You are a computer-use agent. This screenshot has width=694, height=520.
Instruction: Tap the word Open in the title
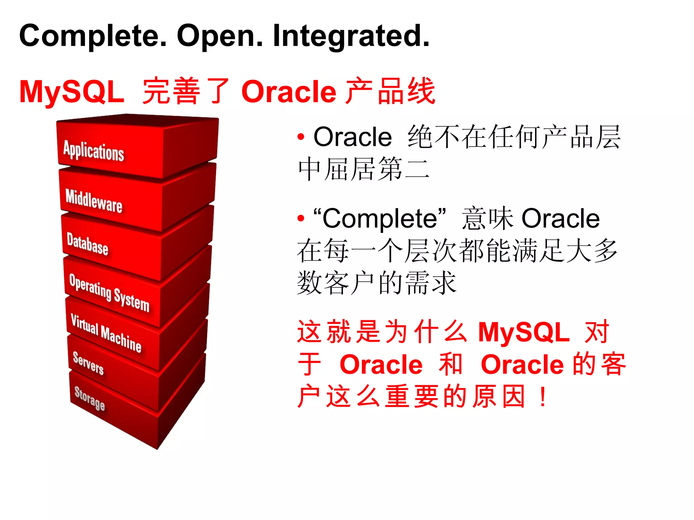[x=220, y=36]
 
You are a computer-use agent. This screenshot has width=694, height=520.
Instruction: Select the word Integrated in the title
[x=351, y=36]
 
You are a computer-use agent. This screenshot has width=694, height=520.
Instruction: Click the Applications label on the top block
[x=94, y=151]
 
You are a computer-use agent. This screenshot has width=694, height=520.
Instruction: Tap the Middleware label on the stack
[x=94, y=201]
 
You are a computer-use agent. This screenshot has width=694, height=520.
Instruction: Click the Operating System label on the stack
[x=109, y=292]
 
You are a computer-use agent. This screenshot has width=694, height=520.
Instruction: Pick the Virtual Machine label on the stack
[x=106, y=333]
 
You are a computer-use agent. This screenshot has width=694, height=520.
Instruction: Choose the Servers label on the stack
[x=88, y=363]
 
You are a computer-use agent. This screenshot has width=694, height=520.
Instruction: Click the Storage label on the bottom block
[x=89, y=398]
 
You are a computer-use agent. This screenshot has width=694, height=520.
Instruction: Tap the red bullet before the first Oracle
[x=301, y=137]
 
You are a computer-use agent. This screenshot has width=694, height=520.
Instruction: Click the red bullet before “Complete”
[x=301, y=219]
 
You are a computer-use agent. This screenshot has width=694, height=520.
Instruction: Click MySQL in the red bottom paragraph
[x=524, y=332]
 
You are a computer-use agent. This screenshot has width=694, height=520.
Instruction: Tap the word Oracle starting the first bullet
[x=352, y=137]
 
